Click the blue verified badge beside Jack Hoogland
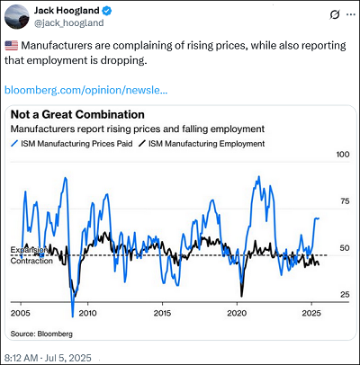click(107, 11)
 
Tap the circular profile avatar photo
click(17, 16)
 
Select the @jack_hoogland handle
click(69, 23)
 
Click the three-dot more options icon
click(351, 14)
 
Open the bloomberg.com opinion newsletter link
click(85, 90)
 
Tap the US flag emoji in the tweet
click(12, 46)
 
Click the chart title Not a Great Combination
click(77, 114)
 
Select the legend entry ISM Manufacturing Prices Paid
click(72, 144)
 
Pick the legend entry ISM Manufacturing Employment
click(202, 144)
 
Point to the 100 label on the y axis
click(343, 155)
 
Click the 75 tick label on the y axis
click(345, 201)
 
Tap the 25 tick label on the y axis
click(345, 295)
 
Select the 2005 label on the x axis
click(21, 313)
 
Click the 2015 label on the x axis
click(162, 313)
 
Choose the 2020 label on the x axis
click(237, 313)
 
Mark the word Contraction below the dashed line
click(31, 261)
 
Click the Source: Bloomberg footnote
click(41, 334)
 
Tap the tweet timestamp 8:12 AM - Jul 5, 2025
click(48, 358)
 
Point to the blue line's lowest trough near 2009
click(72, 316)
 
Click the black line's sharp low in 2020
click(241, 296)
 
